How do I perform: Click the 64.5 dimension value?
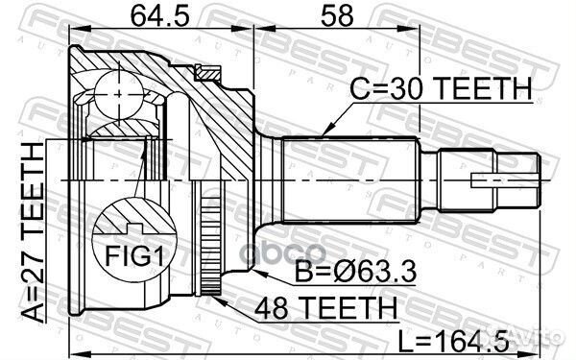[159, 16]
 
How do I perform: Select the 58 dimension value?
[337, 16]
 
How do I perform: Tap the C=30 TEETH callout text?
[441, 89]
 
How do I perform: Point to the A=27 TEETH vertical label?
[33, 232]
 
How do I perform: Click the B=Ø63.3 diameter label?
[355, 271]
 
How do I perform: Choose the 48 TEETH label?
[326, 308]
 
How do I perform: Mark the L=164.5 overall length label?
[454, 341]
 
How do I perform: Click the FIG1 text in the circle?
[134, 255]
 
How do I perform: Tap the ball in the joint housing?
[118, 94]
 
